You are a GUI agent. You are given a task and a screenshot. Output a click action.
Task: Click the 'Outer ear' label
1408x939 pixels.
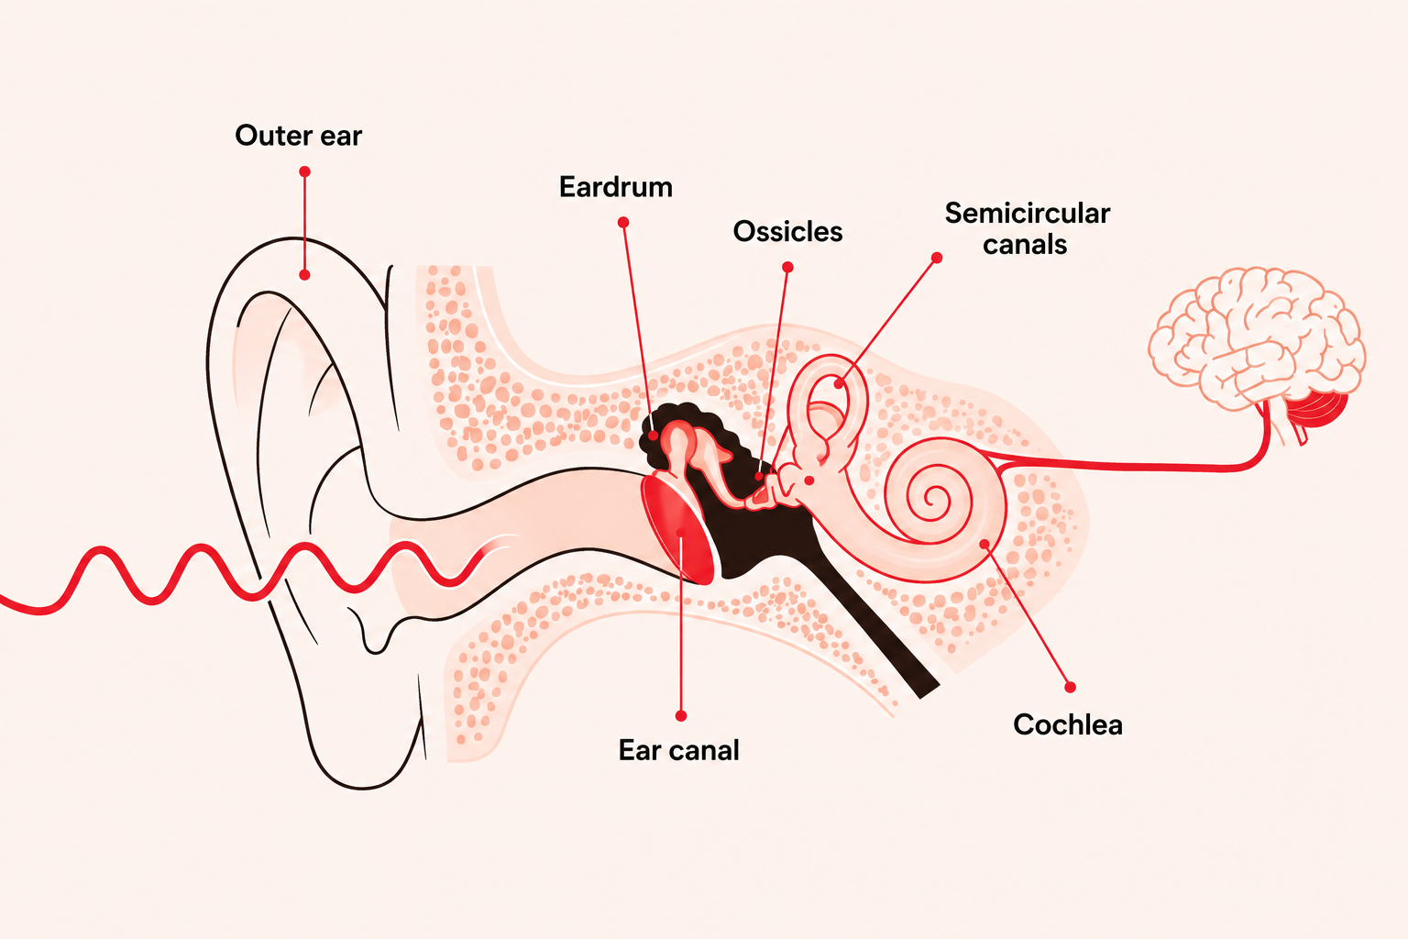click(x=299, y=136)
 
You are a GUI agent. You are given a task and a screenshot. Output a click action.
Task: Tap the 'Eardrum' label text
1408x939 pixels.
click(x=616, y=187)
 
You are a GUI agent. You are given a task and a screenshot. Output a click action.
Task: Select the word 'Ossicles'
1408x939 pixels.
click(x=787, y=232)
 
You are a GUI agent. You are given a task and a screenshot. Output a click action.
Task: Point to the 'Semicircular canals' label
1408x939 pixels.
click(x=1027, y=229)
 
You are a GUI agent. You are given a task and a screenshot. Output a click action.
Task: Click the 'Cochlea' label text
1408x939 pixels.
click(x=1067, y=725)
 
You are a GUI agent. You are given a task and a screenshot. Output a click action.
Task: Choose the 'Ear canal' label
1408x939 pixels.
click(x=679, y=750)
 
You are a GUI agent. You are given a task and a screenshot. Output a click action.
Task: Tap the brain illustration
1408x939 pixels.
click(x=1256, y=343)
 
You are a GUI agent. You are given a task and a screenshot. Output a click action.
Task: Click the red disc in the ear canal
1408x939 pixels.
click(x=677, y=529)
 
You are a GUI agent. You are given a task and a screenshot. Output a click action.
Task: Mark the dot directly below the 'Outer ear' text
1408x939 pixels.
click(x=305, y=171)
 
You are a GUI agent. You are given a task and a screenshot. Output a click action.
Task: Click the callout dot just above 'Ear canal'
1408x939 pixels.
click(x=681, y=716)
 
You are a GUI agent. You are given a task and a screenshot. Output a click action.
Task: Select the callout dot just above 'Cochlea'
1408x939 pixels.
click(x=1070, y=688)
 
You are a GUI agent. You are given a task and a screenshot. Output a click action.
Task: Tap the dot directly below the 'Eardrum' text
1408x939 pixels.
click(x=623, y=223)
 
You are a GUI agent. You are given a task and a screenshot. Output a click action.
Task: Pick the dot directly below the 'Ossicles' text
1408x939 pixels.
click(x=787, y=267)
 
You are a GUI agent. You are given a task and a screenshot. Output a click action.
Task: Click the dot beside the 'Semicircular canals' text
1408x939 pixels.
click(x=937, y=258)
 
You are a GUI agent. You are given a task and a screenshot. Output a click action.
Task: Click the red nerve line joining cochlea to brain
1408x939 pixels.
click(x=1131, y=466)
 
